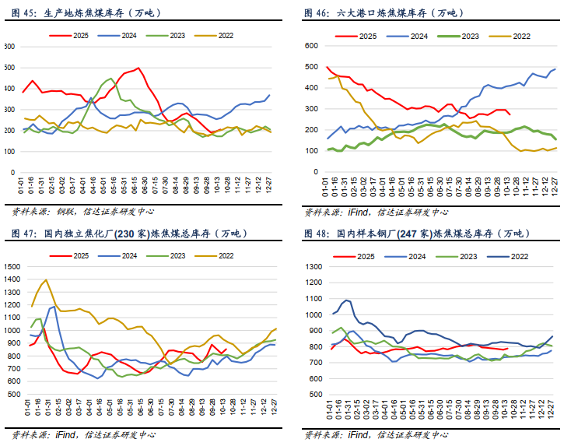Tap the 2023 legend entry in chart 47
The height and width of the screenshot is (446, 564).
coord(175,255)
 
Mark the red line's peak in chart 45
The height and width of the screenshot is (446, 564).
coord(138,68)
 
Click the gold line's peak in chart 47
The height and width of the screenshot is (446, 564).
coord(46,280)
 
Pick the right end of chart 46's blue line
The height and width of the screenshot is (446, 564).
coord(555,69)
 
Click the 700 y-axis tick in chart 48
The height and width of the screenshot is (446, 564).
coord(311,363)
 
